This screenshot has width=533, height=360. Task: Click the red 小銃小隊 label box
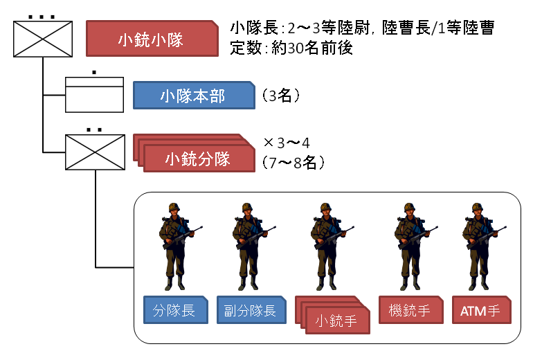[150, 39]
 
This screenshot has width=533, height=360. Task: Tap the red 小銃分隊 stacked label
[197, 159]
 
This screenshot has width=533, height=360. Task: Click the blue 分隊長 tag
[174, 310]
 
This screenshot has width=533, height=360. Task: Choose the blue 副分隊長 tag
[249, 310]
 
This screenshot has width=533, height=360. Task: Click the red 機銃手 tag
[410, 310]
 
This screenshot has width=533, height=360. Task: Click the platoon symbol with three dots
[42, 38]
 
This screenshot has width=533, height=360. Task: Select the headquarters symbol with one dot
[94, 95]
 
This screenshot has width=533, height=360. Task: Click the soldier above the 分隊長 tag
[173, 246]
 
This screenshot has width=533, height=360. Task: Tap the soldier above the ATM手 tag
[478, 246]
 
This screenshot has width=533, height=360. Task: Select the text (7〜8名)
[294, 162]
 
